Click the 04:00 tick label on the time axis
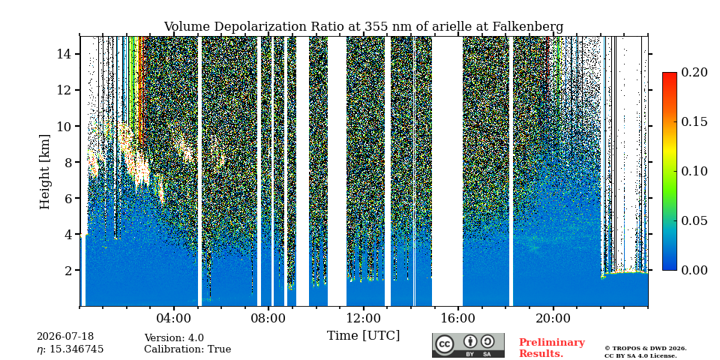[174, 319]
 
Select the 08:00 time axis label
[268, 319]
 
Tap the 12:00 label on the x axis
[363, 319]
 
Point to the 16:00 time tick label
[458, 319]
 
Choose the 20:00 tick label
[553, 319]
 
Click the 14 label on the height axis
[63, 54]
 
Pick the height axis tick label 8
[67, 162]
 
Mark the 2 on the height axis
[67, 270]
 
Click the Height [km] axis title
[44, 172]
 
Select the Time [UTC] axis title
[363, 335]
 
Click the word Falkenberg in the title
[527, 27]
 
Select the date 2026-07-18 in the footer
[65, 337]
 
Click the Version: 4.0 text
[174, 338]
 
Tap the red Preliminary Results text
[551, 348]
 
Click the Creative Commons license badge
[468, 345]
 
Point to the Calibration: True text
[187, 349]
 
